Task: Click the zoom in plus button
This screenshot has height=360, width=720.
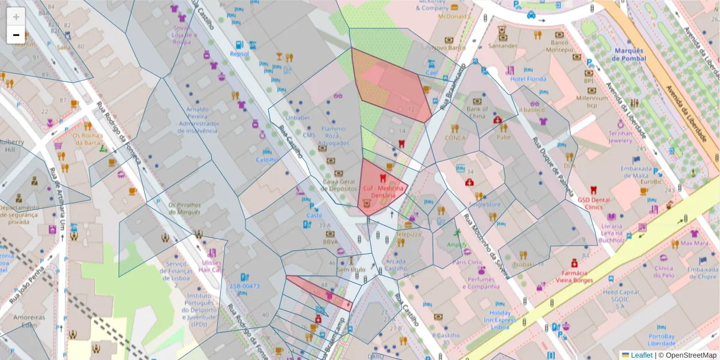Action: [16, 17]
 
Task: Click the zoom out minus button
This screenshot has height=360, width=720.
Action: [16, 35]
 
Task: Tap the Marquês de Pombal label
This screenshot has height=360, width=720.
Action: [629, 55]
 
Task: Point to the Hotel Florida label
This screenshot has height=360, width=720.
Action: [528, 79]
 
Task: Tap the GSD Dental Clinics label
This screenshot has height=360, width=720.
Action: [593, 203]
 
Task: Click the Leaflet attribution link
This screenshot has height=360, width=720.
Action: [641, 355]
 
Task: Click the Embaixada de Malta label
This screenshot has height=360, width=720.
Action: [637, 172]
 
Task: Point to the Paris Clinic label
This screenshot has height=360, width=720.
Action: [467, 262]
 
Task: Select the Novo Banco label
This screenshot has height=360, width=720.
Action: [449, 47]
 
